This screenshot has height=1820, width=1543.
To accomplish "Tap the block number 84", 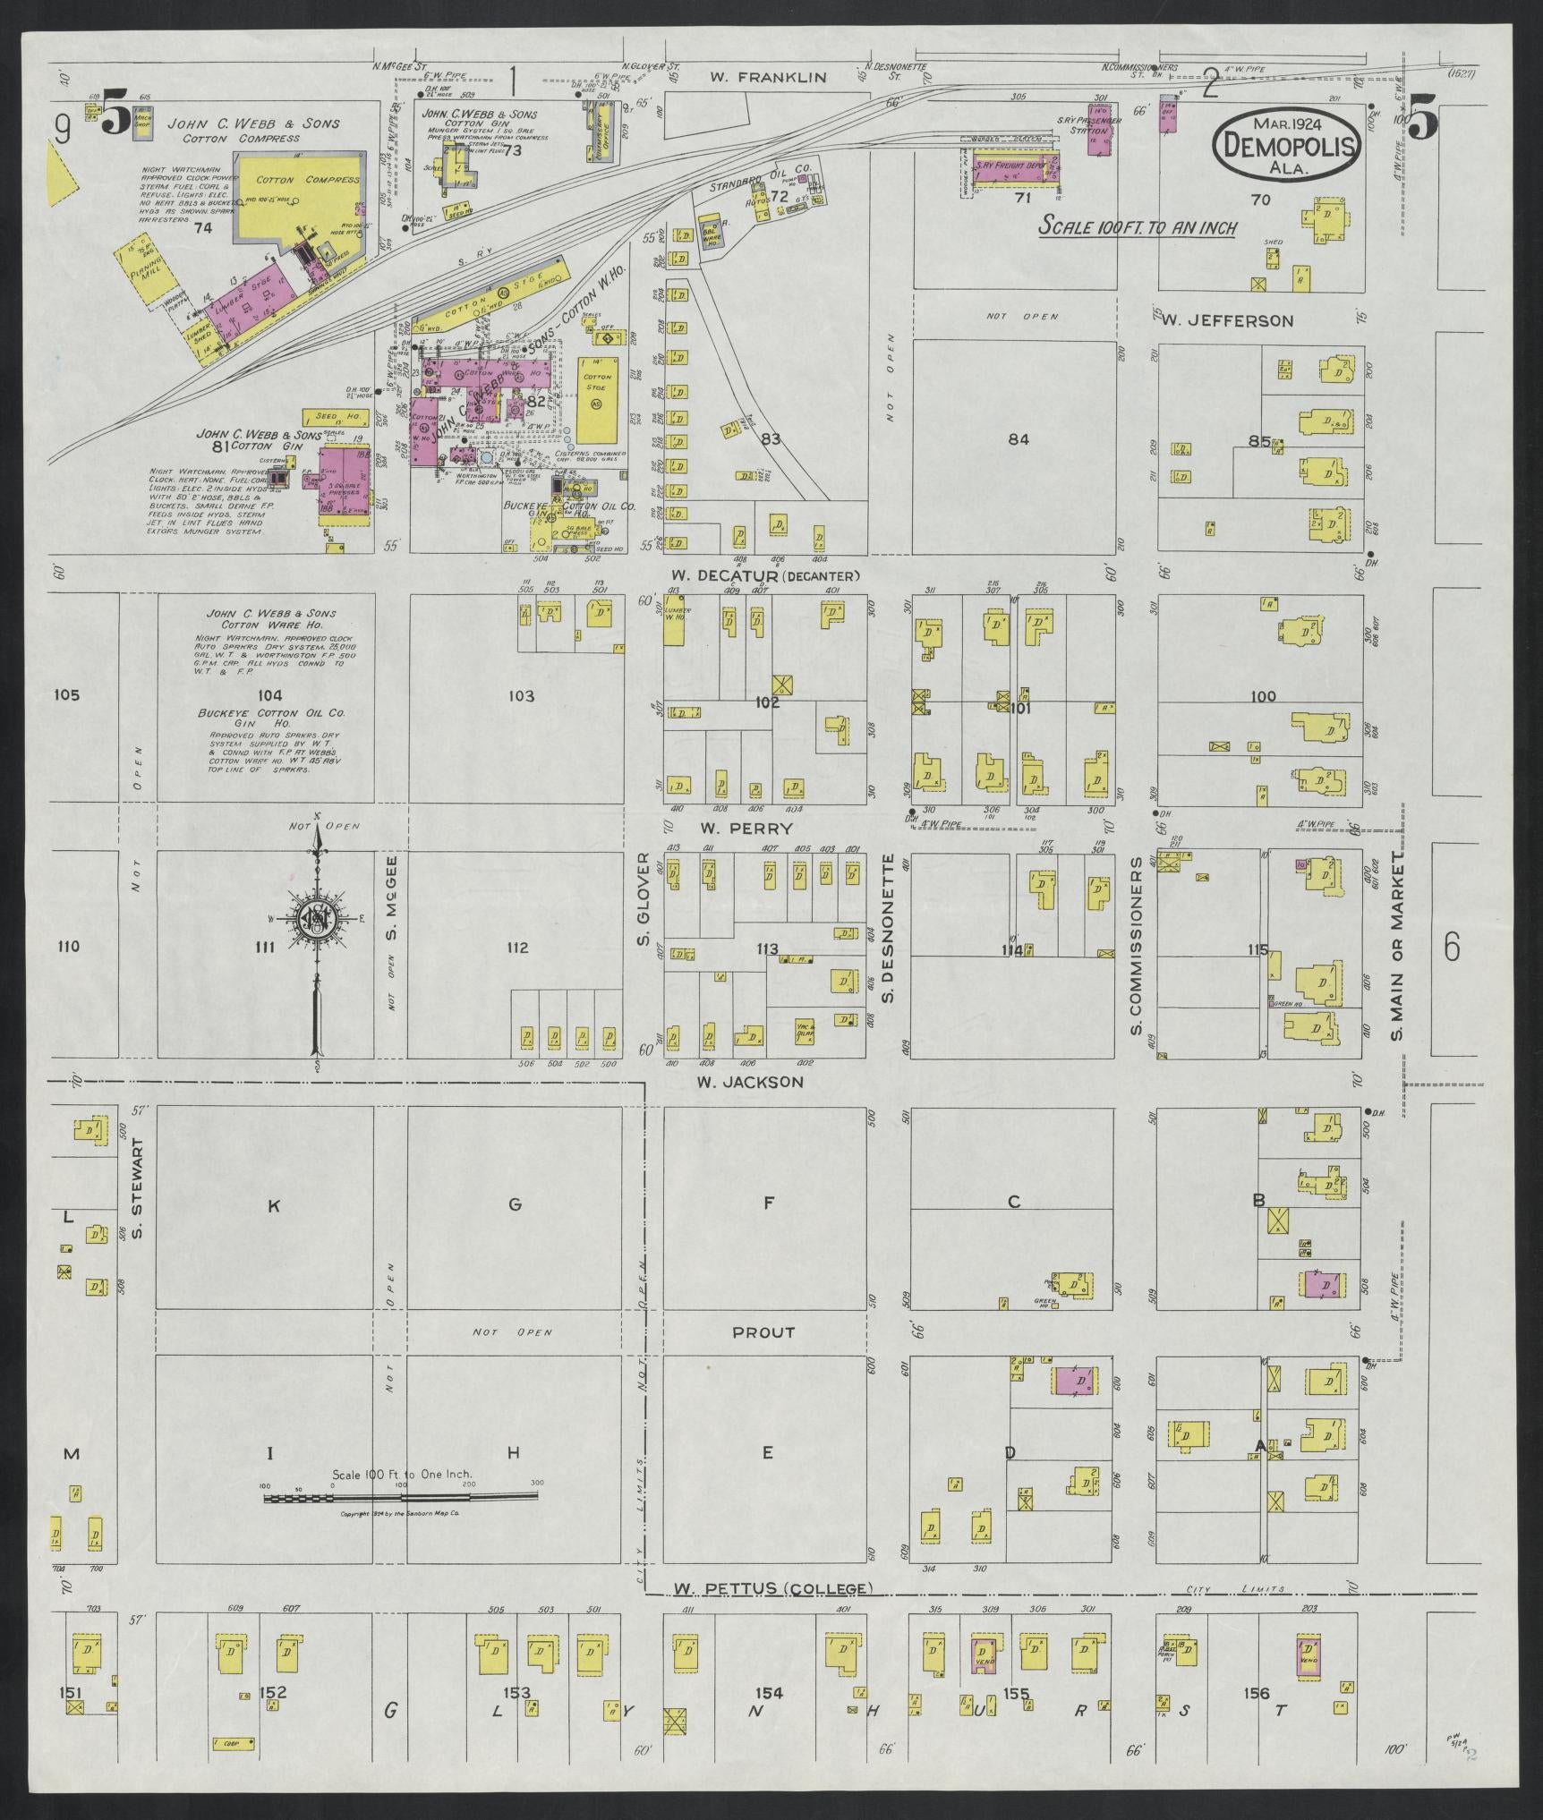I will [x=1018, y=438].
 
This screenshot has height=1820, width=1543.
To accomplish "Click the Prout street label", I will [x=763, y=1356].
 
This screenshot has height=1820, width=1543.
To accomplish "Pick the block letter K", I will [x=274, y=1206].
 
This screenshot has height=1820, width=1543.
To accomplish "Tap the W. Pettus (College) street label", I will [x=771, y=1588].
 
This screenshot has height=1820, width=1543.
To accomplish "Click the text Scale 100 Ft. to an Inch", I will [x=1138, y=227].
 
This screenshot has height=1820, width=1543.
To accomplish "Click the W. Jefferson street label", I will [x=1227, y=320].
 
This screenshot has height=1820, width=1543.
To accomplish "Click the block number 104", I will [x=269, y=695].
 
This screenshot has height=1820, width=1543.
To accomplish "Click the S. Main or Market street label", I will [x=1397, y=946].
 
